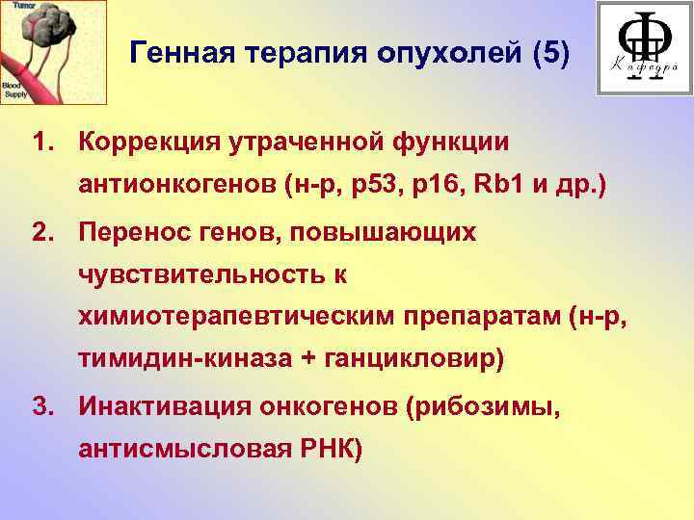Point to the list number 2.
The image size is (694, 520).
tap(40, 231)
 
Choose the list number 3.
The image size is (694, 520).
tap(40, 407)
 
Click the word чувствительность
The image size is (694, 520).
tap(201, 275)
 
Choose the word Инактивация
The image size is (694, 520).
tap(165, 407)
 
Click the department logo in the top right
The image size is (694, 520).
tap(644, 48)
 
